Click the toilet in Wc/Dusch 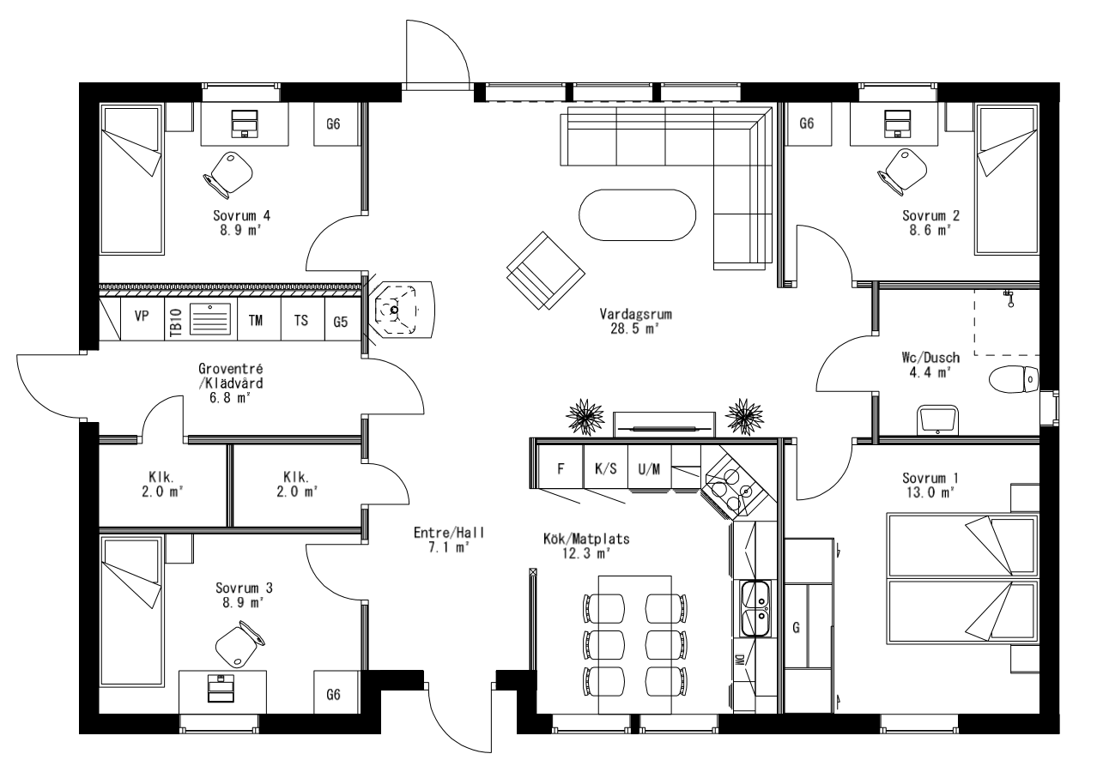pos(1014,378)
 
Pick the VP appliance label pos(142,317)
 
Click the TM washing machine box pos(256,320)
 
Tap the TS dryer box pos(301,320)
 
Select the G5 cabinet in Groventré pos(341,322)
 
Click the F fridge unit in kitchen pos(561,468)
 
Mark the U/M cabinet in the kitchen pos(649,468)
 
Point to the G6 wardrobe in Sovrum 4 pos(334,124)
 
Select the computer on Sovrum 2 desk pos(898,124)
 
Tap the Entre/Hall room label pos(449,533)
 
